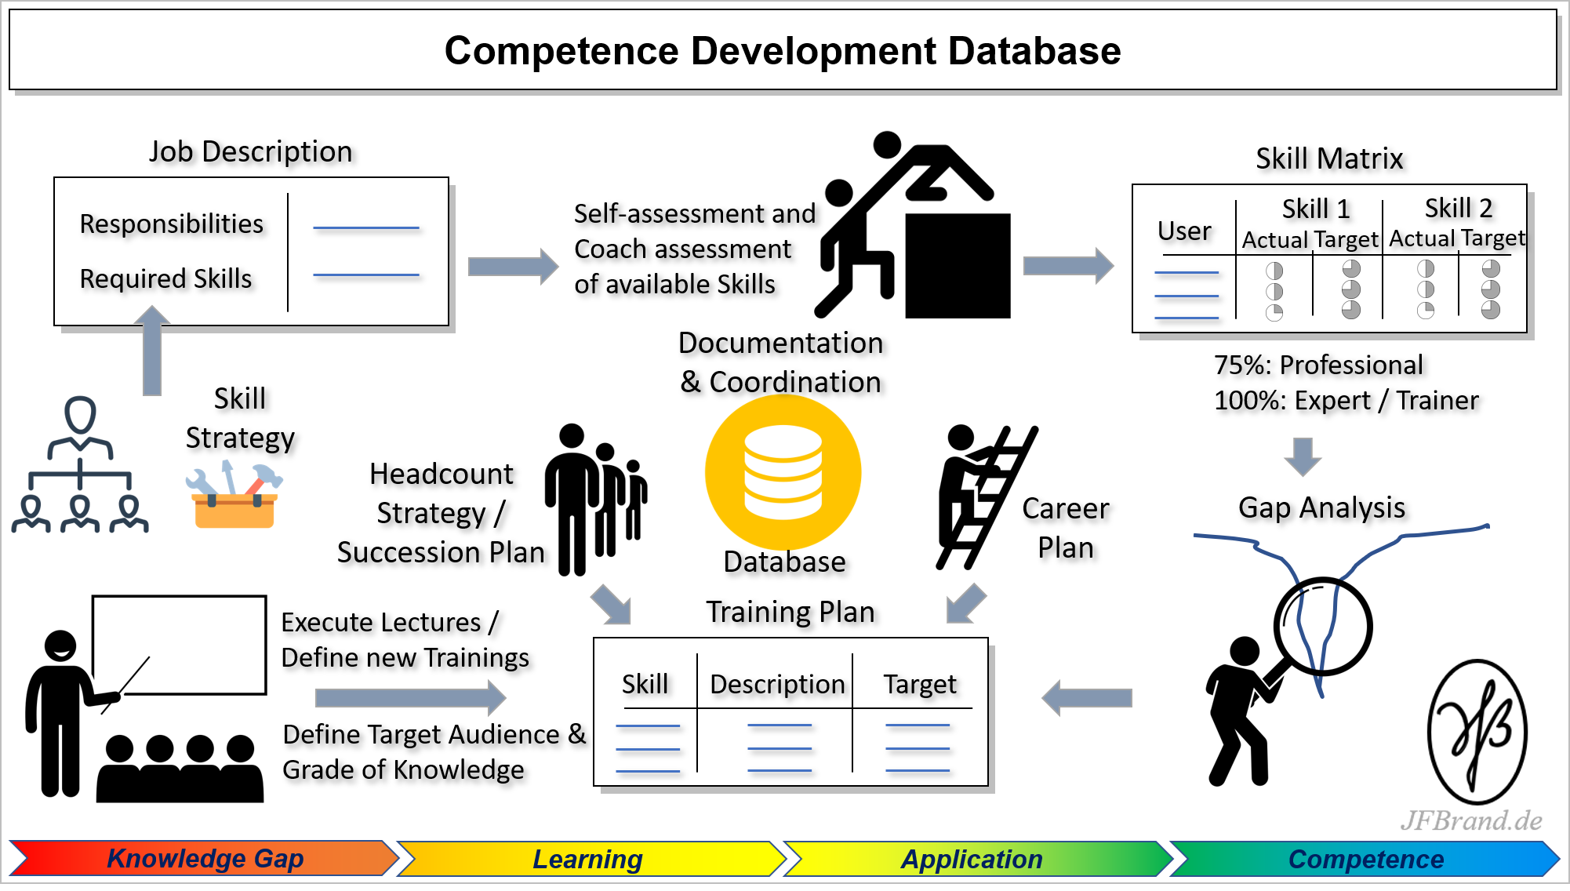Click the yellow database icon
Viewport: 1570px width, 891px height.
(x=783, y=472)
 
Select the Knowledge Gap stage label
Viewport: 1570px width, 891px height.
(x=205, y=859)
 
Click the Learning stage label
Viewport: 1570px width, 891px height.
(x=587, y=859)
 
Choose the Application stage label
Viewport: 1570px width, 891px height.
(x=972, y=859)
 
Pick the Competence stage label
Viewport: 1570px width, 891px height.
(x=1366, y=859)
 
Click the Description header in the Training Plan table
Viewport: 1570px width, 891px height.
(x=777, y=684)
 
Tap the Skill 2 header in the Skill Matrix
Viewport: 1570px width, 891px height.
(x=1459, y=208)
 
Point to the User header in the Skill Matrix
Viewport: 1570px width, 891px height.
(x=1184, y=231)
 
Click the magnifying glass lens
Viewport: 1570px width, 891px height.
(x=1323, y=627)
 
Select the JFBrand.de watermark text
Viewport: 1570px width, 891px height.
(x=1471, y=820)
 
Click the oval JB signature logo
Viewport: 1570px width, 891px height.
(x=1477, y=732)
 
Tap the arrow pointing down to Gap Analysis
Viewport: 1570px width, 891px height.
(x=1303, y=456)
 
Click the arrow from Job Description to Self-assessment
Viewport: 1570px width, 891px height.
(x=513, y=267)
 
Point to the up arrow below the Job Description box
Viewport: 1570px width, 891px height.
(x=152, y=350)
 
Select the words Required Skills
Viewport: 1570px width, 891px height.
(x=165, y=278)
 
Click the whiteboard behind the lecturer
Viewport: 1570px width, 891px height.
(x=180, y=645)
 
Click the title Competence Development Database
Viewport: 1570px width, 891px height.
(x=783, y=51)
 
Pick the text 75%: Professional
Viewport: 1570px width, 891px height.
(x=1318, y=365)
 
